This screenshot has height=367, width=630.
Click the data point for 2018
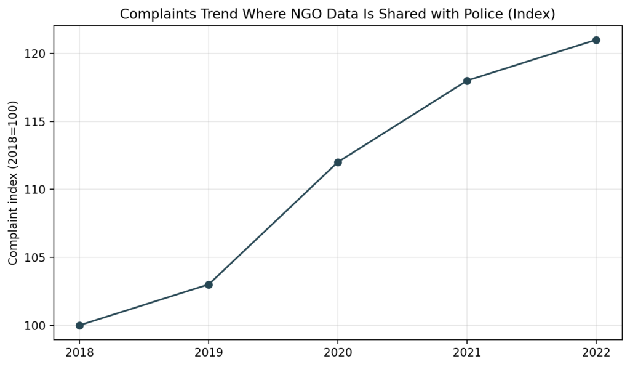(79, 325)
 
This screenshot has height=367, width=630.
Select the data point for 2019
(209, 284)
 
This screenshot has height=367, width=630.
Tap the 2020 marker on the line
(338, 163)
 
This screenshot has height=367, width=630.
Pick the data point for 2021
(467, 81)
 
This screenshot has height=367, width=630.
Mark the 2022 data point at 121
(596, 40)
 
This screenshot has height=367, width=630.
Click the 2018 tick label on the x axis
(79, 353)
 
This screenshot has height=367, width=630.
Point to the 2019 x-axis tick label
(209, 353)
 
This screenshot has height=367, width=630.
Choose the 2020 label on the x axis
(338, 353)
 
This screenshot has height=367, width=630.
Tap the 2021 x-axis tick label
(467, 353)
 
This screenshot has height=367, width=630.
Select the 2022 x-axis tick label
(596, 353)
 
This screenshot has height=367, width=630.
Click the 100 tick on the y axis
(39, 326)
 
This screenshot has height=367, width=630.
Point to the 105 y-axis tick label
(39, 257)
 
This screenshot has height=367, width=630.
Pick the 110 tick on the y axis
(39, 190)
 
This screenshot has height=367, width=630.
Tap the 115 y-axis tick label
(39, 122)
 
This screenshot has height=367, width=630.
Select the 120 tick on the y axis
(39, 54)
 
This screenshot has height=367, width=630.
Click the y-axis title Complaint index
(14, 183)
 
